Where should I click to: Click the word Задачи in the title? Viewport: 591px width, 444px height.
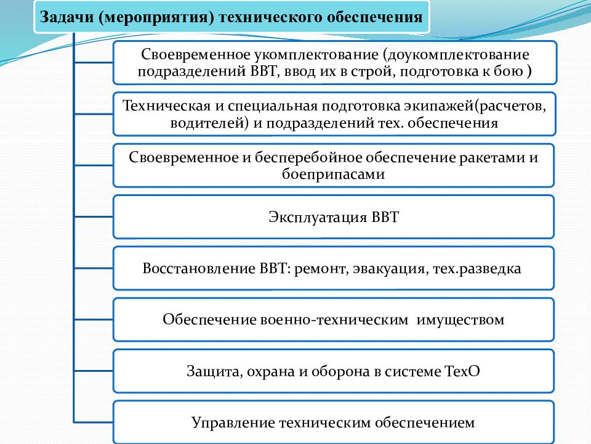[x=66, y=17]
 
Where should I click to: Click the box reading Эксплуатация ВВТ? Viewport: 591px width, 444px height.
[x=334, y=216]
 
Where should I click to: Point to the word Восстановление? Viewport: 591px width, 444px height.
[x=199, y=268]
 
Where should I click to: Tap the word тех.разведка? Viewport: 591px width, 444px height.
[x=476, y=269]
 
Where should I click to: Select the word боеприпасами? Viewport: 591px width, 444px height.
[x=333, y=175]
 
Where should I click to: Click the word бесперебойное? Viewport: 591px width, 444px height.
[x=308, y=157]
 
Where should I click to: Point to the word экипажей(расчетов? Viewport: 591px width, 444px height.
[x=475, y=106]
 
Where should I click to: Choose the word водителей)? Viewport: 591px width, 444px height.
[x=209, y=123]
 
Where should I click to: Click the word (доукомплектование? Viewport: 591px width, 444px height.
[x=456, y=55]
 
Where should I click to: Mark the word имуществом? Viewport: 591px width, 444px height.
[x=460, y=320]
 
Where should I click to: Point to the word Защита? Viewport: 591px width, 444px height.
[x=214, y=372]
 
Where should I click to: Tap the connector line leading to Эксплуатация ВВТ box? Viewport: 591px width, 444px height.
[x=94, y=216]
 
